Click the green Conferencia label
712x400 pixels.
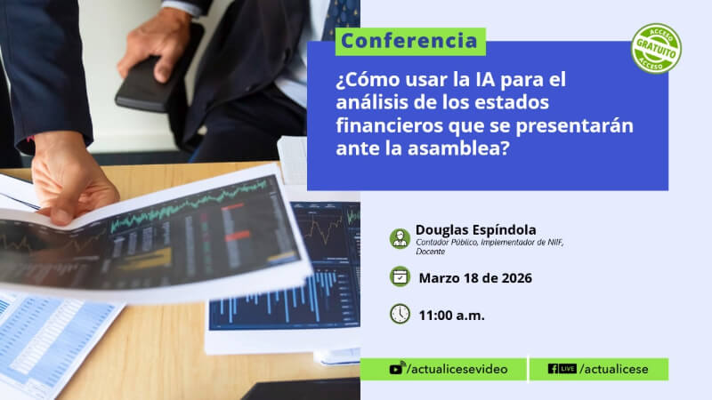coord(410,42)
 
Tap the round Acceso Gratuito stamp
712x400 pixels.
coord(656,49)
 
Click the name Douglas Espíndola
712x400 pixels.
coord(476,230)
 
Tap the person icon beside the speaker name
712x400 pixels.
coord(400,238)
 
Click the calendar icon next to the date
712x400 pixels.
coord(400,276)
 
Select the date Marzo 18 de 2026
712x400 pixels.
coord(475,278)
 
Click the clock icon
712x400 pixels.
coord(400,314)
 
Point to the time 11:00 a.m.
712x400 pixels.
coord(452,316)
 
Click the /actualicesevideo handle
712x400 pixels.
coord(457,369)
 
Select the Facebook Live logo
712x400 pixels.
coord(562,369)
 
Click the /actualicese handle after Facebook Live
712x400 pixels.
coord(614,369)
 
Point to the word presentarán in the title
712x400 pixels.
coord(574,125)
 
